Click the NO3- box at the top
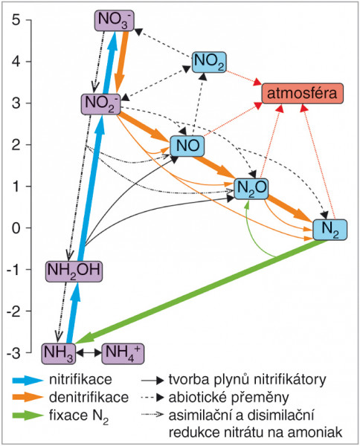pos(114,21)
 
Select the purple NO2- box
pos(100,104)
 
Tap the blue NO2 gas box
pos(209,62)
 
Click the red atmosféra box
pos(303,94)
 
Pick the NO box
pos(187,146)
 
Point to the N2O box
pos(251,189)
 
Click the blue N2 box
pos(330,230)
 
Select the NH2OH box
pos(74,271)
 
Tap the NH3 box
pos(59,354)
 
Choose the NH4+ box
pos(123,354)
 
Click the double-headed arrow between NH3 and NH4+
pos(89,353)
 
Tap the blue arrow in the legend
pos(28,381)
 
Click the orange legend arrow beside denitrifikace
pos(28,398)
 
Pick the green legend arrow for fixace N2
pos(28,416)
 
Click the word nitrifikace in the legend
pos(80,380)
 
